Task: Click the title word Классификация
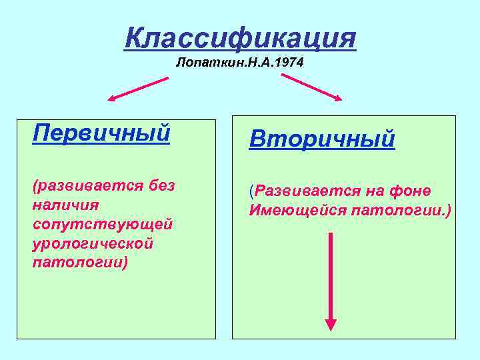240,38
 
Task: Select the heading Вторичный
322,139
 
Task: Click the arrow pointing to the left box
138,89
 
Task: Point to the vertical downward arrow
331,280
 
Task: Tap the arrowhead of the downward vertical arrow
331,324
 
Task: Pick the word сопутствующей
102,223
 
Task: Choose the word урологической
93,243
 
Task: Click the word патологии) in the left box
80,262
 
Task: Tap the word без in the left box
161,185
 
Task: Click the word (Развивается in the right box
304,192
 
